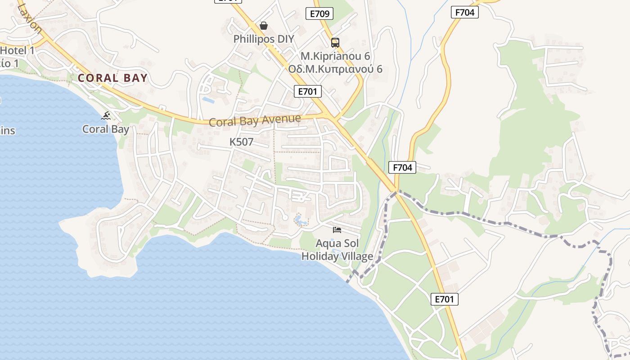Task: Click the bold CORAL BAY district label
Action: click(112, 78)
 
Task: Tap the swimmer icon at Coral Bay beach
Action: click(106, 116)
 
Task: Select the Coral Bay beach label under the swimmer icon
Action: click(106, 129)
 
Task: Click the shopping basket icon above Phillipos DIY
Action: click(264, 26)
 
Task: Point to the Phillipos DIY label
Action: click(264, 39)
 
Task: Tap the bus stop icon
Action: click(335, 43)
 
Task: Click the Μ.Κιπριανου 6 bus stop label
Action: click(335, 56)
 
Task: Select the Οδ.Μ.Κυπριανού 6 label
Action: click(335, 69)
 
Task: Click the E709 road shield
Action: click(319, 13)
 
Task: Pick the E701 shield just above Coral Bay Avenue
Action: click(308, 91)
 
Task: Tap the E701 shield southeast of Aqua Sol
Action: click(445, 299)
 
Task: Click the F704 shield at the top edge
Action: click(464, 12)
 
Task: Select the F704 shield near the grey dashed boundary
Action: click(402, 167)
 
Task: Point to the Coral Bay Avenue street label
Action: click(255, 121)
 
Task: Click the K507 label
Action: click(242, 142)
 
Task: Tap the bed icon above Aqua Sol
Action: click(337, 230)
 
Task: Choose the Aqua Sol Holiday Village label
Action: click(337, 250)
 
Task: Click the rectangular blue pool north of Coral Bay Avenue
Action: click(208, 100)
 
